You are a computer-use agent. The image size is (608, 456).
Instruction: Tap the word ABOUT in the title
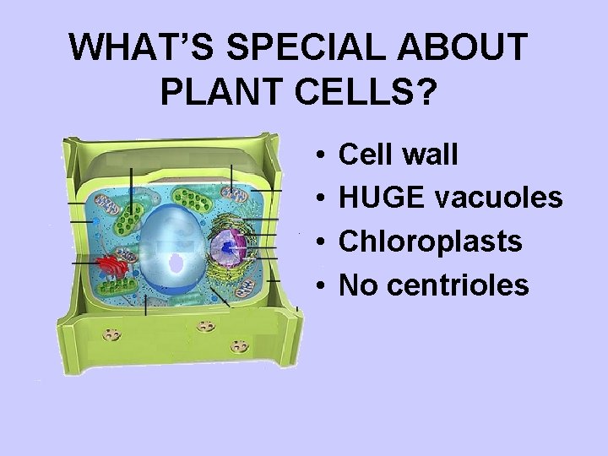tap(477, 49)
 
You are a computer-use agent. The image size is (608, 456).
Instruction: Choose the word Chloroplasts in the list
tap(430, 242)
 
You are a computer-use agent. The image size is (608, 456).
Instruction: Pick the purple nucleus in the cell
tap(228, 246)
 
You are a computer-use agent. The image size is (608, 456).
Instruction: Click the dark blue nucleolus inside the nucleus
tap(226, 247)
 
